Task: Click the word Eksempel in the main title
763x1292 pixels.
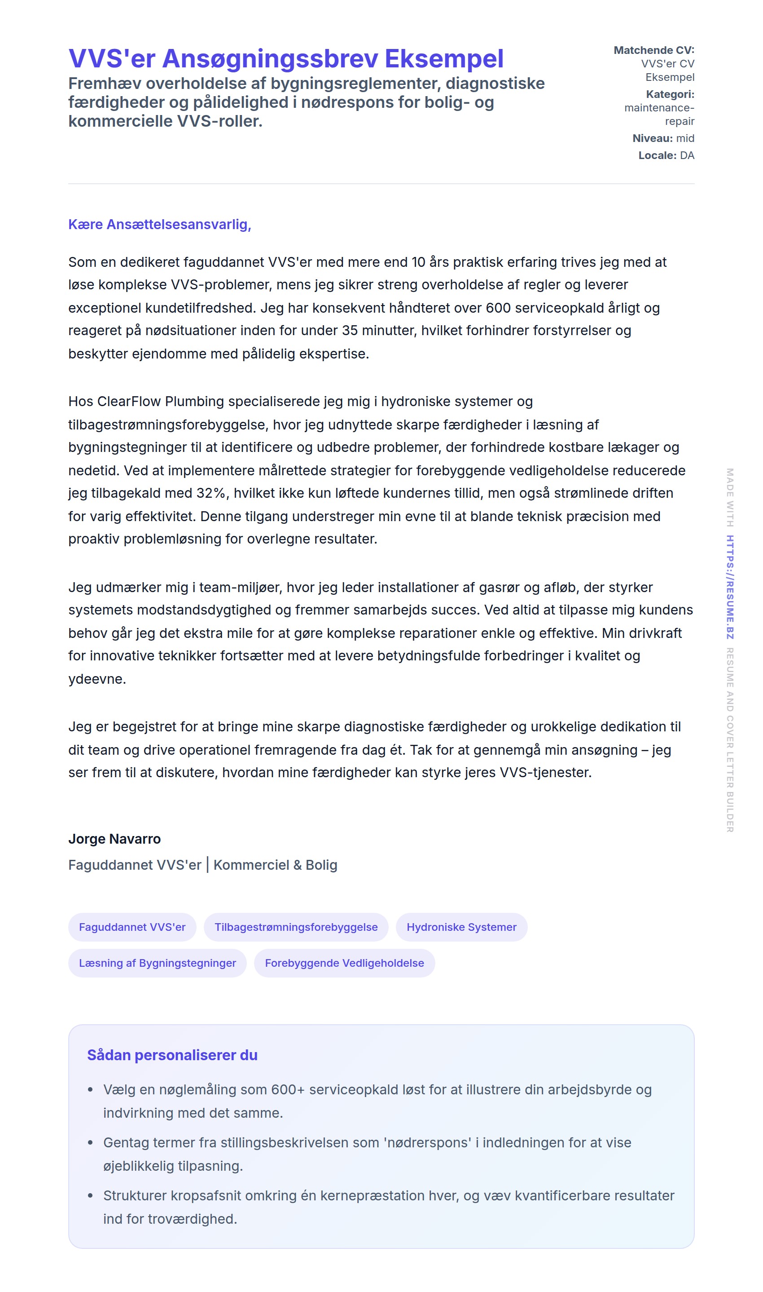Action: coord(444,59)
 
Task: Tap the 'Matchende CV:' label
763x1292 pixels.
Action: coord(653,50)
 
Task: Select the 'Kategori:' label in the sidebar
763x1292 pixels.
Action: coord(670,94)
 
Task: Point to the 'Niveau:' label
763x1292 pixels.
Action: coord(652,138)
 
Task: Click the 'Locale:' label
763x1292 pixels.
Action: coord(657,155)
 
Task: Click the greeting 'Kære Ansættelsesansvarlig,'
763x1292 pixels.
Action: coord(159,224)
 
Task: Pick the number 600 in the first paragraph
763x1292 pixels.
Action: coord(498,308)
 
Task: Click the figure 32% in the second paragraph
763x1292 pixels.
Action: coord(211,493)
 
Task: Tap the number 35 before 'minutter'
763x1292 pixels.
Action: coord(350,330)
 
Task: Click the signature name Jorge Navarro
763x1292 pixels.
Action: coord(114,839)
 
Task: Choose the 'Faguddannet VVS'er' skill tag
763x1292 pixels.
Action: coord(132,927)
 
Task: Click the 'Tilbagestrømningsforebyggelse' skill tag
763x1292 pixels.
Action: coord(296,927)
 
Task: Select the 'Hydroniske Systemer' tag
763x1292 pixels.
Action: coord(461,927)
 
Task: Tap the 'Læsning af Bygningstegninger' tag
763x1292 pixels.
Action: coord(158,963)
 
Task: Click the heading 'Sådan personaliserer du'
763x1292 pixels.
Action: coord(172,1055)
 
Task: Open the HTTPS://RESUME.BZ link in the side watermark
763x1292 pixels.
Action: coord(730,587)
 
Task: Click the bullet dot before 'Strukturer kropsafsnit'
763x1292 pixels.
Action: coord(91,1195)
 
